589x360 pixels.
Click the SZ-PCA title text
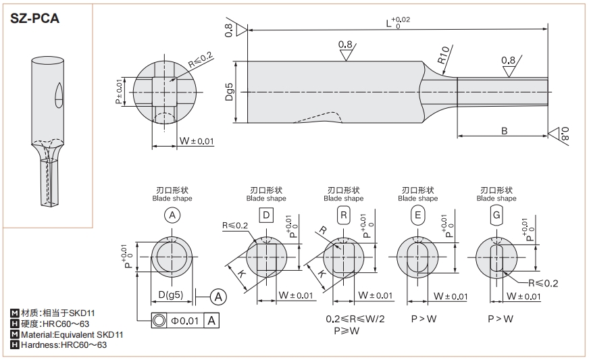[34, 18]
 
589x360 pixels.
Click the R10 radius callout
[444, 56]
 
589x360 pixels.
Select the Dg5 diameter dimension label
[229, 91]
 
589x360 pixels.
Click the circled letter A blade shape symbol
[172, 215]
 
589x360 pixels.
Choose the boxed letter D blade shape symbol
[266, 215]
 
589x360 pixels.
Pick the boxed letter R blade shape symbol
[343, 215]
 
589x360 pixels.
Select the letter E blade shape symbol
[417, 215]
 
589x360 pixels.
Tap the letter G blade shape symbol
[496, 215]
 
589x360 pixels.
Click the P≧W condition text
[345, 331]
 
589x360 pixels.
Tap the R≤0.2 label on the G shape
[544, 283]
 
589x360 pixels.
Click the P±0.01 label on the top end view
[120, 92]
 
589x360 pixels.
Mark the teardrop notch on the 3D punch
[58, 95]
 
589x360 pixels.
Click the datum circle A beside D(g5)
[218, 295]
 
